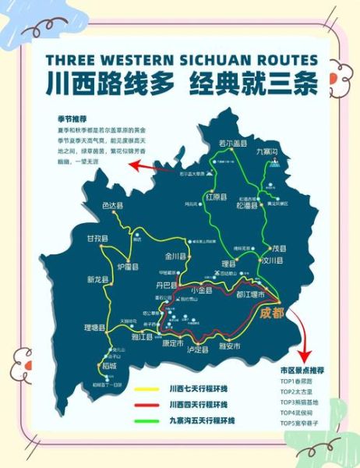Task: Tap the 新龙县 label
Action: [x=99, y=279]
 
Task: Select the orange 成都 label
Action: [x=274, y=314]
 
